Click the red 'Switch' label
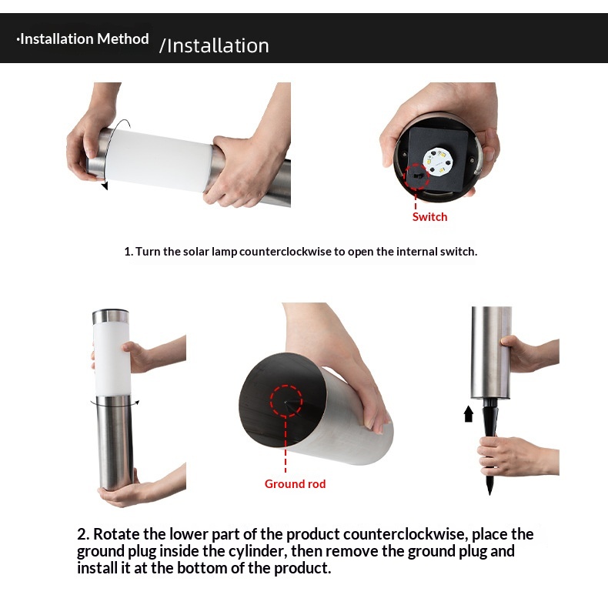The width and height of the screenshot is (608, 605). [x=429, y=217]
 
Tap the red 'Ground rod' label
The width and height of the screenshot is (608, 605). [x=295, y=483]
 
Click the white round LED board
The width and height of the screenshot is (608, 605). [x=438, y=161]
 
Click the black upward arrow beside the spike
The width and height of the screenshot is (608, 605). [x=469, y=413]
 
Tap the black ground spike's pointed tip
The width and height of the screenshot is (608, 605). [x=489, y=493]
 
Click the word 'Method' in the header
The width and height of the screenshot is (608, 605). [x=122, y=38]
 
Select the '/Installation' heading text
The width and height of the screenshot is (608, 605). [x=214, y=45]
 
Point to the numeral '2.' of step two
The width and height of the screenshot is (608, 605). [x=83, y=534]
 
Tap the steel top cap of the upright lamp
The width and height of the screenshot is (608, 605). [x=111, y=316]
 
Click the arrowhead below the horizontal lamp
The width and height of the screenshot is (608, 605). [x=105, y=186]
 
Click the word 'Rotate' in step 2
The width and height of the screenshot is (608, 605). [x=116, y=534]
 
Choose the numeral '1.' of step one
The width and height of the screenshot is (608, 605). [x=129, y=252]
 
